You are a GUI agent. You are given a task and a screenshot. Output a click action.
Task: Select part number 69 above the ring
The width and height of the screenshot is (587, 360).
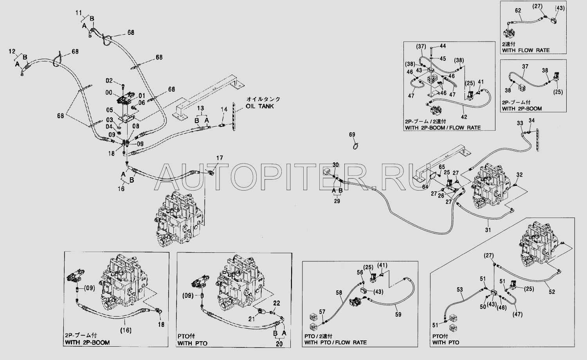pyautogui.click(x=352, y=135)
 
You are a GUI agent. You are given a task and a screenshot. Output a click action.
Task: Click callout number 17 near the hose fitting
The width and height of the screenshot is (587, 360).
pyautogui.click(x=220, y=158)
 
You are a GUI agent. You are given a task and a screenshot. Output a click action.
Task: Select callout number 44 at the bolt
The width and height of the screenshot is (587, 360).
pyautogui.click(x=443, y=46)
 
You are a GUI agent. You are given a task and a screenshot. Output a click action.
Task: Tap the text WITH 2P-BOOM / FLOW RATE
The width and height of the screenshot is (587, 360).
pyautogui.click(x=443, y=128)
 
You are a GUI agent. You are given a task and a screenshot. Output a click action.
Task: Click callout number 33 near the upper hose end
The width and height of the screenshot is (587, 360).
pyautogui.click(x=520, y=123)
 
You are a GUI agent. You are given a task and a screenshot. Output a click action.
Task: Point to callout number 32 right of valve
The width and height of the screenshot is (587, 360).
pyautogui.click(x=519, y=174)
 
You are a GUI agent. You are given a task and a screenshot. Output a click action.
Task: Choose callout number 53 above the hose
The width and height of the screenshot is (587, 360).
pyautogui.click(x=460, y=290)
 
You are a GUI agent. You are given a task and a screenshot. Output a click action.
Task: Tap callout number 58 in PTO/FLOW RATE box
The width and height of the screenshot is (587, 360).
pyautogui.click(x=339, y=292)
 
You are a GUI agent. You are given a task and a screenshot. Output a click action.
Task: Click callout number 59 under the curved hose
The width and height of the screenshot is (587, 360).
pyautogui.click(x=398, y=314)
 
